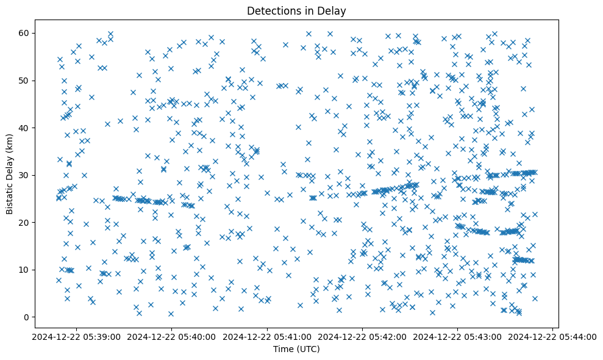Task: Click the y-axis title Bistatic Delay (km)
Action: [x=10, y=173]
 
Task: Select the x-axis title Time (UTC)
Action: [x=296, y=349]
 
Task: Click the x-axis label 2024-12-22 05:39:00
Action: [x=76, y=336]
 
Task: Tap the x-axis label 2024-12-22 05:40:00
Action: [x=171, y=336]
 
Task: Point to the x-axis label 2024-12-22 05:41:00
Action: [x=267, y=336]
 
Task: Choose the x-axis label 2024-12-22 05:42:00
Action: [x=363, y=336]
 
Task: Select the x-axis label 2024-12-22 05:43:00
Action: [x=458, y=336]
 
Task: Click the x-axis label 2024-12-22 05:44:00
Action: [x=553, y=336]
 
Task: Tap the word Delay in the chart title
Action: [x=333, y=10]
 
